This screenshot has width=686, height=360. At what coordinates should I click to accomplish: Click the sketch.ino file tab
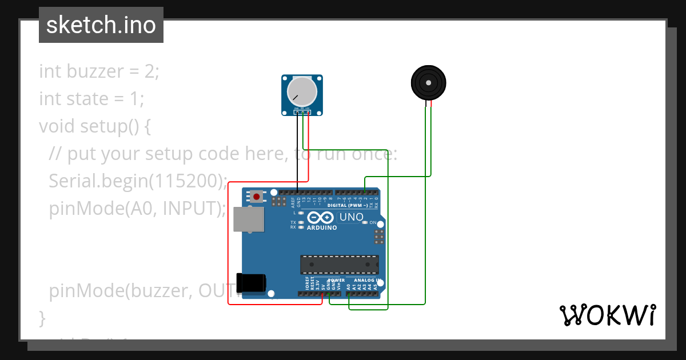click(x=101, y=25)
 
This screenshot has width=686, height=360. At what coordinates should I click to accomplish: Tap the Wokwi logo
click(x=607, y=315)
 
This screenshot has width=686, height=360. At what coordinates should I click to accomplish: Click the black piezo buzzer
click(x=428, y=83)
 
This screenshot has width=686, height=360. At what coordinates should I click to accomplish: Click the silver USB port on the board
click(x=249, y=219)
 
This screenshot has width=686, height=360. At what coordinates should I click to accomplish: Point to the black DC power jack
click(x=252, y=283)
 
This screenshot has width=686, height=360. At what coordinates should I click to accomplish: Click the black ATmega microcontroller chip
click(x=339, y=265)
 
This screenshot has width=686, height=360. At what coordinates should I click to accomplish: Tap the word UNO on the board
click(x=351, y=217)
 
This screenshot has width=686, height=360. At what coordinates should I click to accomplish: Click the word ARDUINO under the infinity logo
click(x=322, y=227)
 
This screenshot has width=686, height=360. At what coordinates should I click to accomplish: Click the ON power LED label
click(x=373, y=222)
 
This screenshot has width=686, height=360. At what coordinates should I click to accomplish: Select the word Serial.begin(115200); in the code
click(x=138, y=181)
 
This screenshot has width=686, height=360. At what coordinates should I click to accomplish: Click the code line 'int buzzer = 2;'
click(x=99, y=71)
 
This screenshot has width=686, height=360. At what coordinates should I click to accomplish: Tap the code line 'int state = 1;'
click(x=91, y=99)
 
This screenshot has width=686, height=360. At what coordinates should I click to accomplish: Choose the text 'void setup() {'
click(x=95, y=126)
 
